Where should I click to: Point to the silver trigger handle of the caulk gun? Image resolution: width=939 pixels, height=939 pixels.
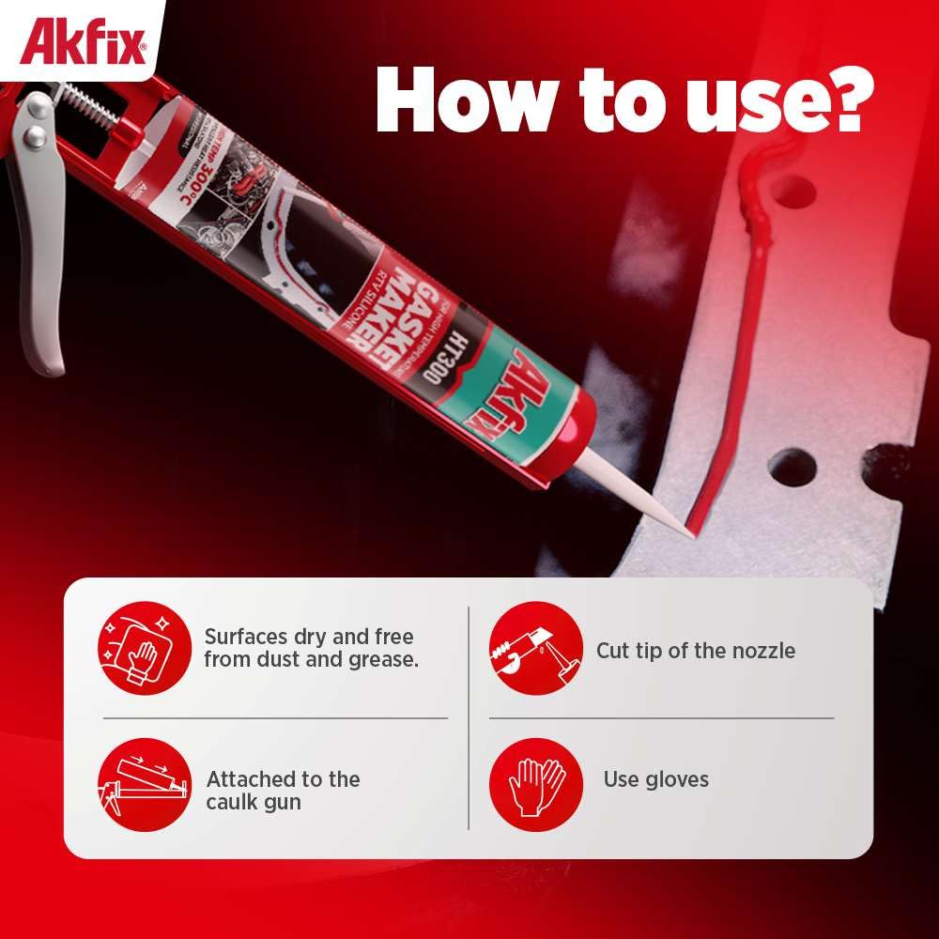38,263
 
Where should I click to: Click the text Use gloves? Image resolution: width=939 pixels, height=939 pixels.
655,779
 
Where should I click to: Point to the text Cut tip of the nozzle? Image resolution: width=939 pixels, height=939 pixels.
695,651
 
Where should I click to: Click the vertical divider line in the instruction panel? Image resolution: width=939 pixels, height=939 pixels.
469,718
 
